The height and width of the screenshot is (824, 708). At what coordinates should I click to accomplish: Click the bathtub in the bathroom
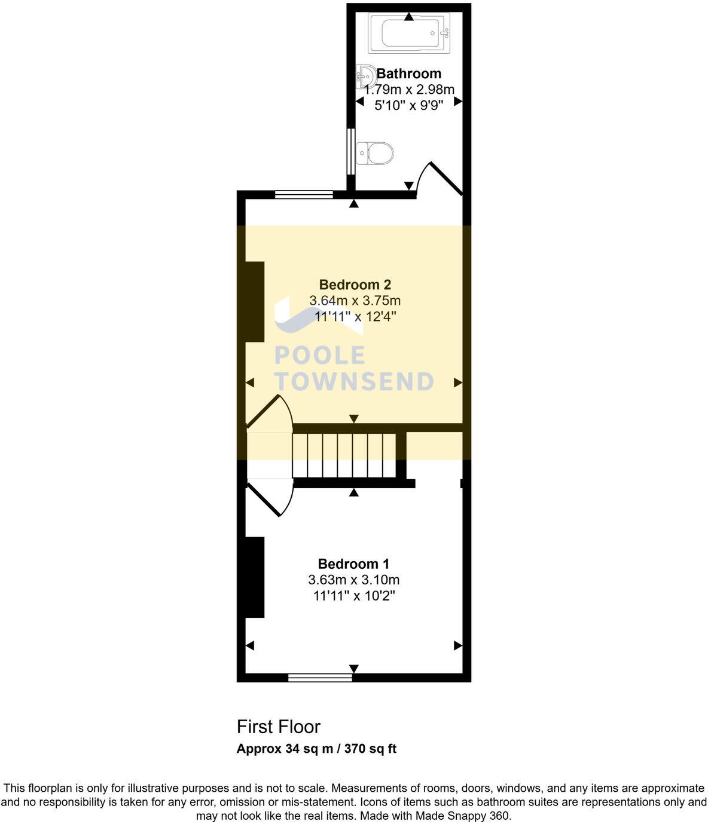coord(408,33)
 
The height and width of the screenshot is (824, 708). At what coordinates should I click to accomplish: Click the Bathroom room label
coord(409,73)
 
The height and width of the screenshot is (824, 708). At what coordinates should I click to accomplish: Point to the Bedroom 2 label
coord(355,284)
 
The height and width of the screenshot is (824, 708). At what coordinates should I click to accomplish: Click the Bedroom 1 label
coord(353,563)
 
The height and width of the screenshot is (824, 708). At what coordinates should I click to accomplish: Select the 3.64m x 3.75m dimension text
coord(355,301)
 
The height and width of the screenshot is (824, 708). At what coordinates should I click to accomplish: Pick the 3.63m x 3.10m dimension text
coord(353,580)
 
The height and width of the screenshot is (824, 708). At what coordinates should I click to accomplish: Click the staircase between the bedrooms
coord(344,455)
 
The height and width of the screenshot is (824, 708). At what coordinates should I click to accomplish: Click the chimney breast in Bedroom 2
coord(255,302)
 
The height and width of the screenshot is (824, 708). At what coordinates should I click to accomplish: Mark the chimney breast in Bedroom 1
coord(255,577)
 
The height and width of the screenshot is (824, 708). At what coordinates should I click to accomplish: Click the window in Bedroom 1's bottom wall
coord(320,678)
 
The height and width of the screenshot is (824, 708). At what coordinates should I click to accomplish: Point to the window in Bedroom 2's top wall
coord(304,194)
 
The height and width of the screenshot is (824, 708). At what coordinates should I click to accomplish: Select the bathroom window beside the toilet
coord(351,152)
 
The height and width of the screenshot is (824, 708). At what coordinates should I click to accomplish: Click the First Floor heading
coord(279,727)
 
